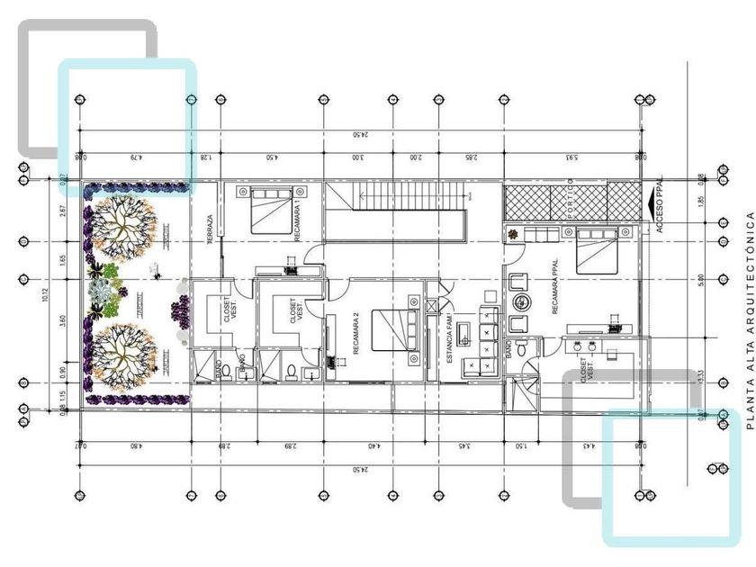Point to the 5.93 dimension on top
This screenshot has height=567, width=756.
tap(571, 157)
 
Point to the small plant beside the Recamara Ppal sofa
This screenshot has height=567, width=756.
tap(514, 236)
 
